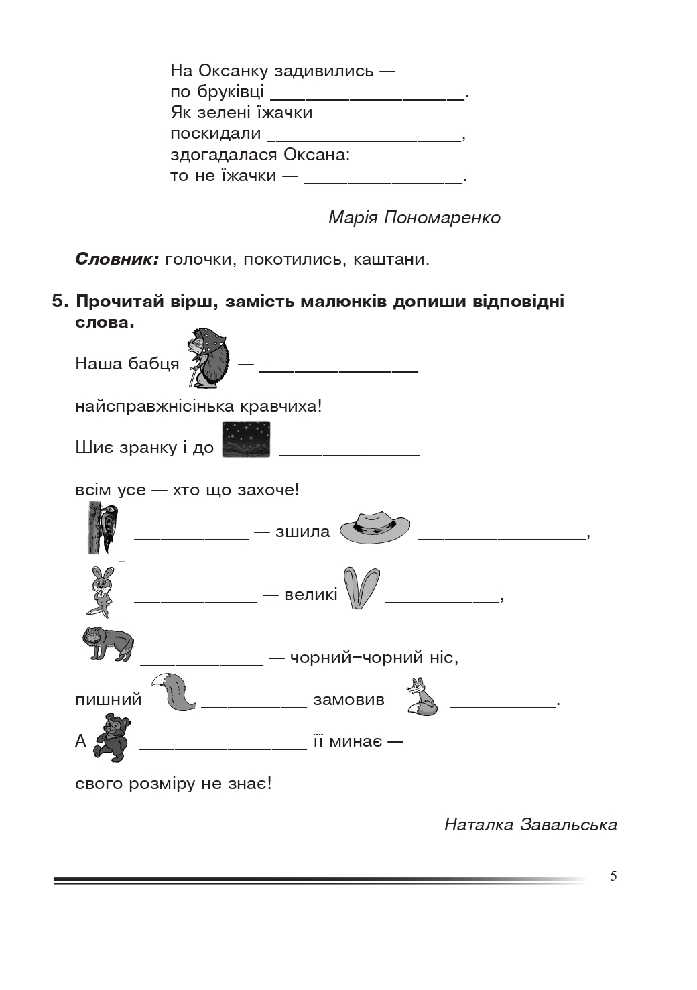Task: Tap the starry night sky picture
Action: tap(246, 440)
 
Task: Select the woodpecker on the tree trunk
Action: tap(103, 528)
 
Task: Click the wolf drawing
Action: tap(107, 644)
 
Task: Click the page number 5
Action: tap(613, 876)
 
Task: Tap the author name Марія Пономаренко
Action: tap(414, 218)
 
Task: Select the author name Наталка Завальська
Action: tap(530, 824)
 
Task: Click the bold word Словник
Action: tap(117, 259)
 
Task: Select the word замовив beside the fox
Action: tap(348, 700)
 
